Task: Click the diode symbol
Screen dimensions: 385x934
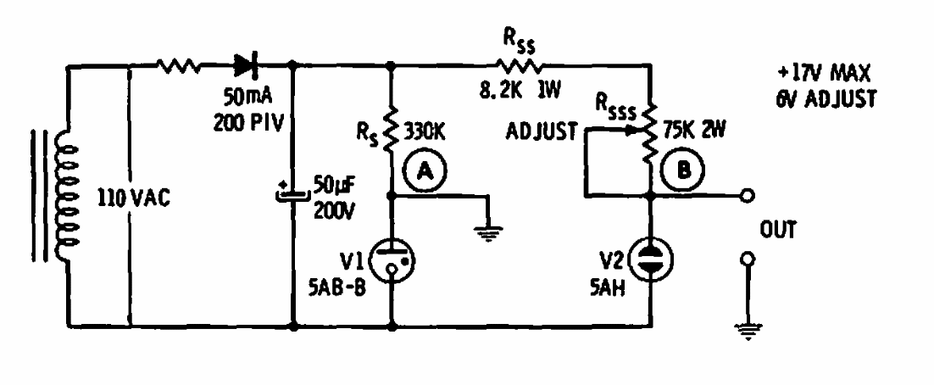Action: [x=247, y=63]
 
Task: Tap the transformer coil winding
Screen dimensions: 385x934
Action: [x=61, y=194]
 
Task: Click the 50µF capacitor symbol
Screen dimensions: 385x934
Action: [x=292, y=194]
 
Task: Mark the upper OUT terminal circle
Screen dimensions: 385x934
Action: [x=747, y=197]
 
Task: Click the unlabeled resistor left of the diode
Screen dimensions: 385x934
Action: [x=179, y=63]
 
